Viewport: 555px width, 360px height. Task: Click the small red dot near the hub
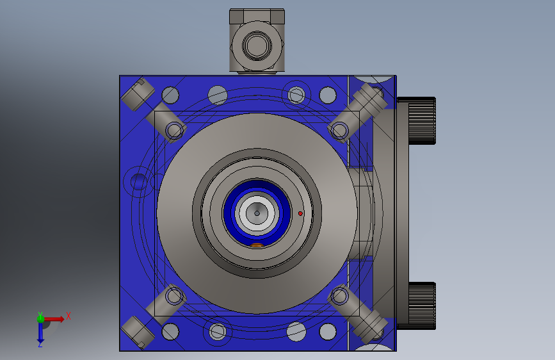coord(300,213)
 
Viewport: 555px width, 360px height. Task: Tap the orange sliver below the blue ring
coord(257,245)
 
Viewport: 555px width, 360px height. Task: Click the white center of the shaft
coord(257,213)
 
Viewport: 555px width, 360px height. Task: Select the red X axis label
coord(68,316)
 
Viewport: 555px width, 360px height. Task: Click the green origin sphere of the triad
coord(40,319)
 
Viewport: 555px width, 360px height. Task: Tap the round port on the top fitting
coord(257,45)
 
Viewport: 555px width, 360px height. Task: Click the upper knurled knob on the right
coord(422,120)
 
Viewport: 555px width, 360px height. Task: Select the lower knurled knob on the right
coord(422,306)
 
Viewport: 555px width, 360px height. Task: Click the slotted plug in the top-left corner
coord(138,94)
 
